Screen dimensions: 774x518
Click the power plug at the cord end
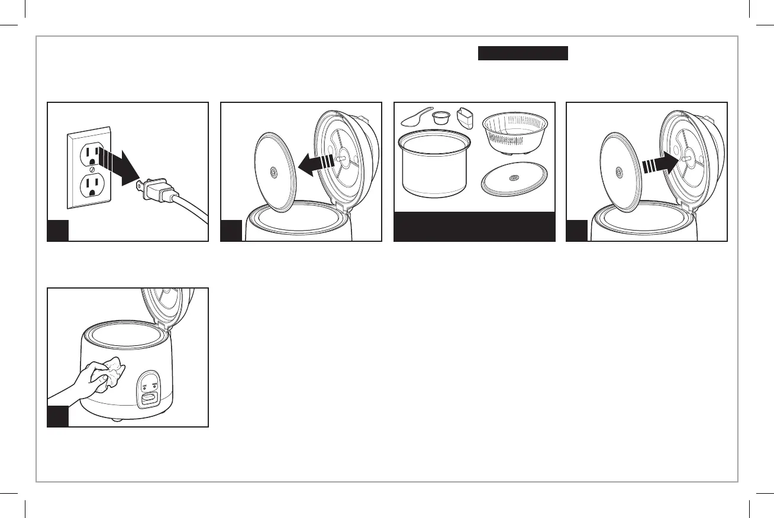(x=157, y=192)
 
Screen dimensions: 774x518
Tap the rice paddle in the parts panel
(x=416, y=117)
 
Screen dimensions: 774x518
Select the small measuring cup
(x=440, y=118)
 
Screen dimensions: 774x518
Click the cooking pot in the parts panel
(x=436, y=165)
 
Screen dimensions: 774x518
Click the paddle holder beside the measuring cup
(x=466, y=118)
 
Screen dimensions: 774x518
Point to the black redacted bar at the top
(x=523, y=54)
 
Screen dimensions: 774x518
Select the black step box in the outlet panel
(x=59, y=231)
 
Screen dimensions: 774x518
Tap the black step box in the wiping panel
(x=59, y=416)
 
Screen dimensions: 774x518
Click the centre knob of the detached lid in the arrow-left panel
(x=273, y=172)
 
